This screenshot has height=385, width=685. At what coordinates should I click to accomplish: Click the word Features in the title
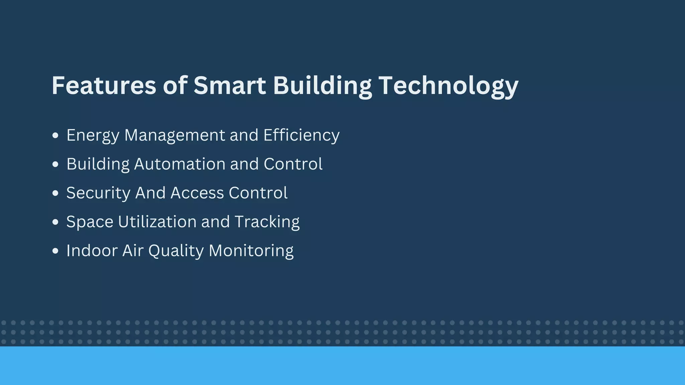point(104,85)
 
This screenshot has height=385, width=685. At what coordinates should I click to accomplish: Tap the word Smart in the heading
point(230,85)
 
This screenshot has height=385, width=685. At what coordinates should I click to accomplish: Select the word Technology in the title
point(449,86)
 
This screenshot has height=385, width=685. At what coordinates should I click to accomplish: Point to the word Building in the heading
point(322,86)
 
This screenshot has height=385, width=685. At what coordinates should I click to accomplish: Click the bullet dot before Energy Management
point(56,135)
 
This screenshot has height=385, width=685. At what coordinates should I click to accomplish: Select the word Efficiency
point(301,136)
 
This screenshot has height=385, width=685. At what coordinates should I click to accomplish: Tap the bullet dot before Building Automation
point(56,164)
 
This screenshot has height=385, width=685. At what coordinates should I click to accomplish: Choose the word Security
point(98,193)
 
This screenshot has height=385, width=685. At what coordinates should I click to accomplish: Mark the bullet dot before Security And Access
point(56,193)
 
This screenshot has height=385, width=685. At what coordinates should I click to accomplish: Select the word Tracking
point(267,222)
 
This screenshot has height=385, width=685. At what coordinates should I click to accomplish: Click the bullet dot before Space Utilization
point(56,222)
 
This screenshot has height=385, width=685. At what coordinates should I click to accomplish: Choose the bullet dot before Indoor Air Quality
point(56,251)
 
